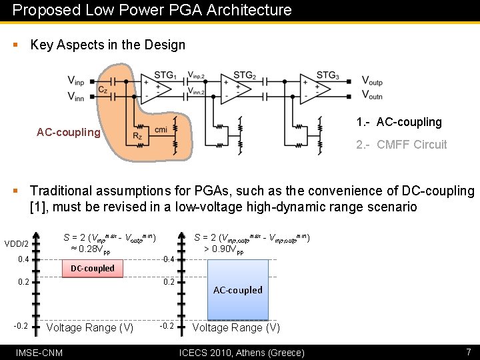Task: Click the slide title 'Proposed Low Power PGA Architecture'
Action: point(152,10)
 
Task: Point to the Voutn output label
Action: point(372,96)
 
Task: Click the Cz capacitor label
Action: point(103,89)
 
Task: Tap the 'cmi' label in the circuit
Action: point(161,129)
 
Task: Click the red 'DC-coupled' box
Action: point(93,268)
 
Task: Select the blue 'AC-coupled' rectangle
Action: point(238,290)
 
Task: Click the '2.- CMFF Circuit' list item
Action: point(401,145)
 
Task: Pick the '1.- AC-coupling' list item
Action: point(399,122)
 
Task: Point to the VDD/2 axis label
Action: point(17,243)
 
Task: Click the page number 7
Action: point(469,351)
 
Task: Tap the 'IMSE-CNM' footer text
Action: point(39,352)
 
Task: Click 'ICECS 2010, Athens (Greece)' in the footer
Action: point(242,352)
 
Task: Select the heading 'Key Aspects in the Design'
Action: point(108,45)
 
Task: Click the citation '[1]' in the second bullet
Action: point(39,207)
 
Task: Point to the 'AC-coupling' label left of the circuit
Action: point(68,132)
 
